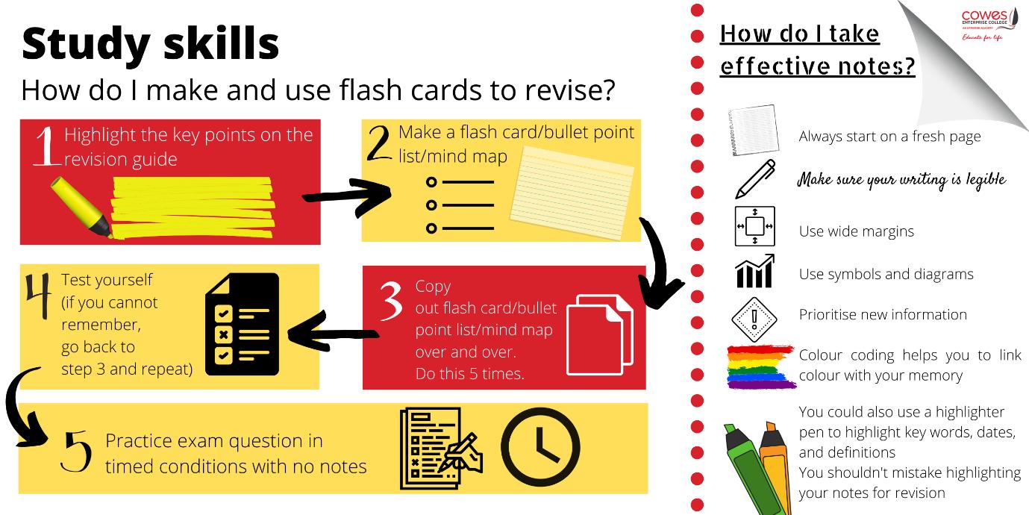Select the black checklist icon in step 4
[x=241, y=323]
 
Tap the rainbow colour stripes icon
[x=758, y=366]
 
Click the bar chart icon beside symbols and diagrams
[x=755, y=272]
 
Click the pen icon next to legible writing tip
[x=755, y=179]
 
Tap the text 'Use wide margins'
[x=856, y=231]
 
